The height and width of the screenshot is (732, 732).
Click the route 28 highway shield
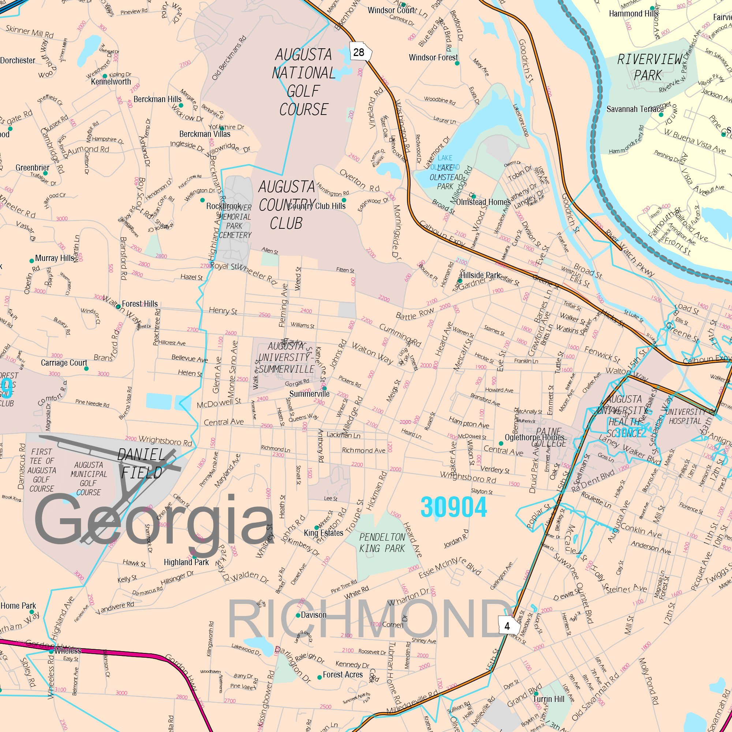[x=358, y=52]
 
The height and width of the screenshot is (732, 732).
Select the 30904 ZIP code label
[x=453, y=508]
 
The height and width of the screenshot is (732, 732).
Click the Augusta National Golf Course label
[x=303, y=82]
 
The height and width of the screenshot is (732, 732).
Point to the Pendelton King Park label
[x=382, y=542]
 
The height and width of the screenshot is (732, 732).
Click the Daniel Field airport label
[x=141, y=463]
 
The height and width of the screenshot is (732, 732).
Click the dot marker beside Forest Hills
[x=118, y=306]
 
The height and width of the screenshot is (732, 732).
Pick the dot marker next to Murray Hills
[x=32, y=261]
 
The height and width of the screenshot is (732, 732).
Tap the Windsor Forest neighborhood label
[x=433, y=57]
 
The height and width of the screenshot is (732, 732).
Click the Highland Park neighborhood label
[x=186, y=562]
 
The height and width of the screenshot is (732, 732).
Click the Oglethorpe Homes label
[x=535, y=438]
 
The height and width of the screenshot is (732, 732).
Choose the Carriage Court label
[x=64, y=363]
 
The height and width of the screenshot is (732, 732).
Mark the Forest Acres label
[x=343, y=675]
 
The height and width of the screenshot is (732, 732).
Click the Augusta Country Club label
[x=287, y=205]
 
